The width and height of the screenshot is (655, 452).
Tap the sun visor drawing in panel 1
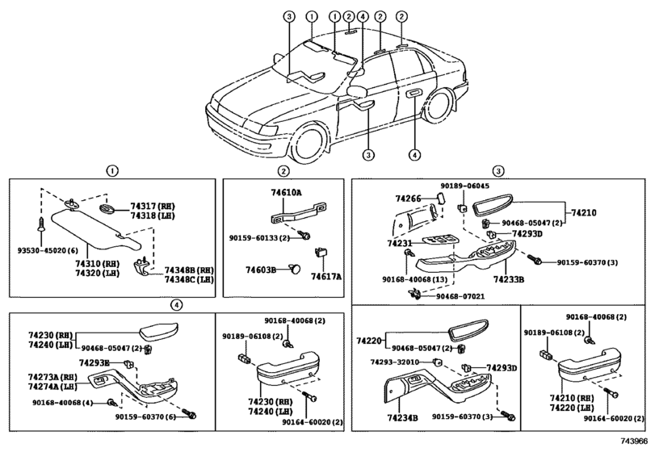[x=94, y=231]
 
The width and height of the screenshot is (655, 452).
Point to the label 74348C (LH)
[x=188, y=279]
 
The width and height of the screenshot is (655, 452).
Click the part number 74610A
[x=286, y=192]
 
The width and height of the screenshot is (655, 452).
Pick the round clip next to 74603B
[x=295, y=269]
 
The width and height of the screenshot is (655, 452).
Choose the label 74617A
[x=325, y=276]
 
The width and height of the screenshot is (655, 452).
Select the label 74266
[x=408, y=199]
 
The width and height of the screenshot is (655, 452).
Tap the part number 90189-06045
[x=465, y=186]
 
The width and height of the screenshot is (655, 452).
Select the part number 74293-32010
[x=394, y=362]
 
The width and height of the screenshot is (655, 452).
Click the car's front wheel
[x=309, y=142]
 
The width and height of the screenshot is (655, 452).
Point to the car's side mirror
[x=357, y=91]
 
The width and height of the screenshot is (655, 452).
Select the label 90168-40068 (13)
[x=414, y=278]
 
